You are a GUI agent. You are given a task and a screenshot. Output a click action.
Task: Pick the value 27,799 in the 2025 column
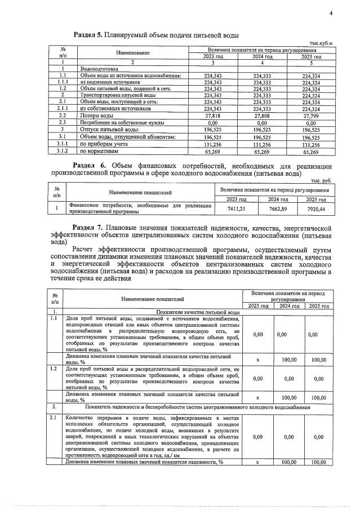[310, 115]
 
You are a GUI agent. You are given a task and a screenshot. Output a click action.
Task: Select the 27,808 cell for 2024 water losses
[261, 115]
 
